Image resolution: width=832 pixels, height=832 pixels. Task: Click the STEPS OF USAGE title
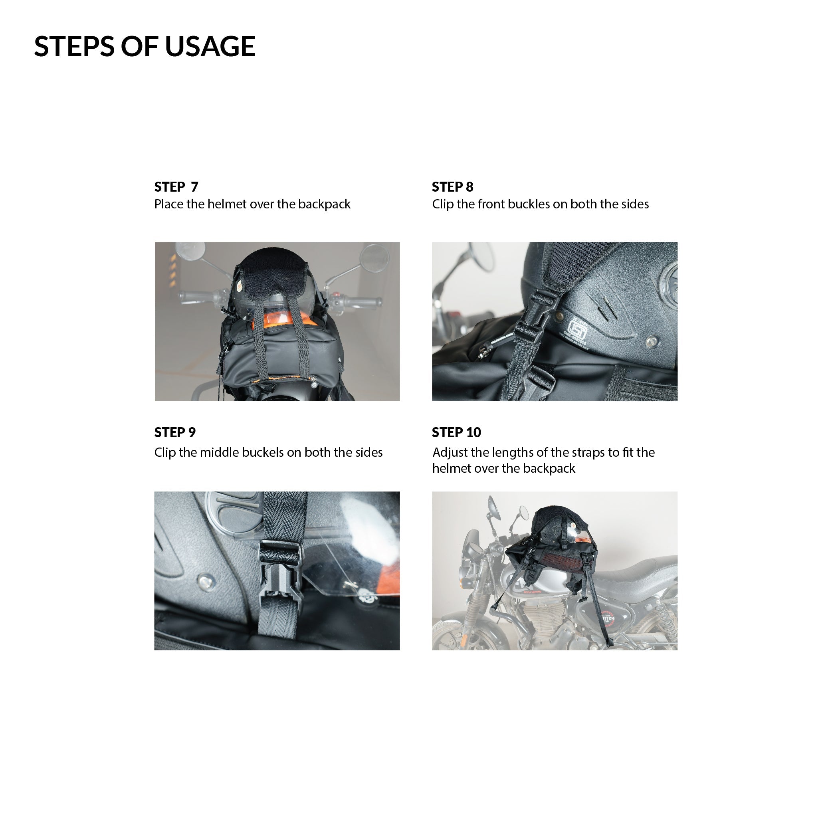click(x=145, y=46)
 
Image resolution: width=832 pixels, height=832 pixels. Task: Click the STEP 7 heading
click(x=176, y=187)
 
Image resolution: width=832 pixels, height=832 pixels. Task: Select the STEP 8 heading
click(x=453, y=187)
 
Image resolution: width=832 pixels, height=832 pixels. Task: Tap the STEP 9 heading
click(x=175, y=432)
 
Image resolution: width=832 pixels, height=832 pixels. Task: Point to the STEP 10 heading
click(x=456, y=432)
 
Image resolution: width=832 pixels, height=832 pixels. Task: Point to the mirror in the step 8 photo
click(x=480, y=256)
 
